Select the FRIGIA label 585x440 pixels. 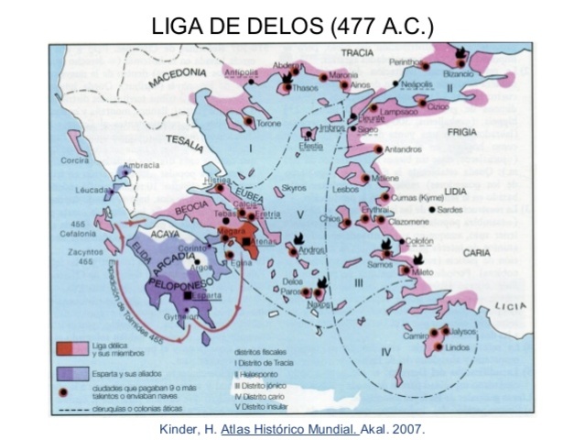point(461,132)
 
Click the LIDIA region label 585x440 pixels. point(455,191)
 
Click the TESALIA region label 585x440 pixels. point(186,140)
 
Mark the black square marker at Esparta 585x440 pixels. point(189,296)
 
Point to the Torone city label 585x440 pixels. point(267,123)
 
